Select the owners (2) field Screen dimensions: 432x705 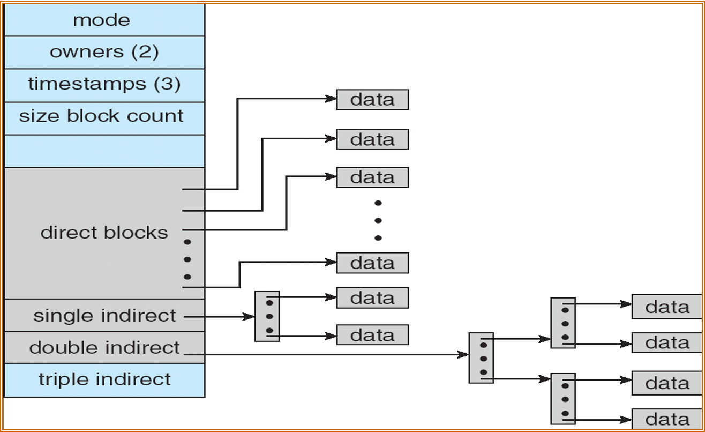pos(104,52)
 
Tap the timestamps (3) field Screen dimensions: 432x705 pos(104,85)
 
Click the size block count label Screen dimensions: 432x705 pos(102,116)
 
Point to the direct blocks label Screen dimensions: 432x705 pos(104,233)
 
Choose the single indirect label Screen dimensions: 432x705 pos(104,316)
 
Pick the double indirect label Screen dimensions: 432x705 pos(104,348)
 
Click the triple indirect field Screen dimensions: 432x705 pos(104,379)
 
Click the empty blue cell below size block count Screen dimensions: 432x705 pos(104,151)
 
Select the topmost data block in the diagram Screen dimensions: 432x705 pos(372,100)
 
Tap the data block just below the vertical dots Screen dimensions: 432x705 pos(372,263)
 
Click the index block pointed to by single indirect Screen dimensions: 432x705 pos(267,316)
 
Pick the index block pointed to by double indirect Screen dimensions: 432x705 pos(481,358)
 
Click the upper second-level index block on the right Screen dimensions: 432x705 pos(563,323)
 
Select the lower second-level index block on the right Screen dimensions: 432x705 pos(563,399)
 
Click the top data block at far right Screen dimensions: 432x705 pos(666,307)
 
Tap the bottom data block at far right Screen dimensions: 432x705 pos(666,419)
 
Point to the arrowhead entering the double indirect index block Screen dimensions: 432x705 pos(464,354)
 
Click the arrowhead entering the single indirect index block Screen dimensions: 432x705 pos(250,317)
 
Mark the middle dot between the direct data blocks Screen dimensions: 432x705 pos(378,220)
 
